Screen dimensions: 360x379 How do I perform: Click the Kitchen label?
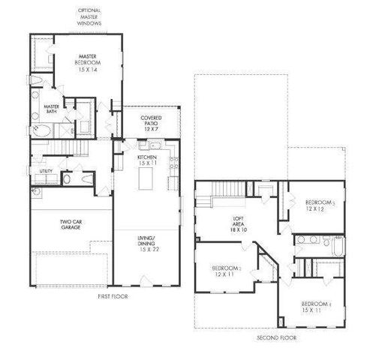[x=146, y=157]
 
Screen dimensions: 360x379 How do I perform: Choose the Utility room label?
[x=44, y=172]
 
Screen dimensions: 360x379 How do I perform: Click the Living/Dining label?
[x=147, y=242]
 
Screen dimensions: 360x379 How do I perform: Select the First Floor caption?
[x=113, y=297]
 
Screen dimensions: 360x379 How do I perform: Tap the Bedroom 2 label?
[x=226, y=271]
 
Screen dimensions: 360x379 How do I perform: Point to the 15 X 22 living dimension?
[x=146, y=249]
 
